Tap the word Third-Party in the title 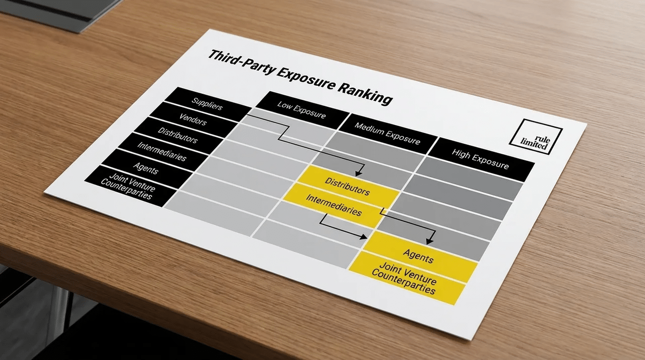pyautogui.click(x=242, y=62)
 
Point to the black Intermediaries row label pyautogui.click(x=162, y=151)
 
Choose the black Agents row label pyautogui.click(x=146, y=168)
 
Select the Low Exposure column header pyautogui.click(x=302, y=110)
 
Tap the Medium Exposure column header pyautogui.click(x=388, y=134)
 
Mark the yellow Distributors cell pyautogui.click(x=348, y=186)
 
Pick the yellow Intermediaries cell pyautogui.click(x=334, y=206)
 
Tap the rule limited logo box pyautogui.click(x=536, y=137)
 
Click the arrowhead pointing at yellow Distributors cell pyautogui.click(x=358, y=173)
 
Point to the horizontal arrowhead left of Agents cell pyautogui.click(x=363, y=237)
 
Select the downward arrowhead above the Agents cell pyautogui.click(x=430, y=242)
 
